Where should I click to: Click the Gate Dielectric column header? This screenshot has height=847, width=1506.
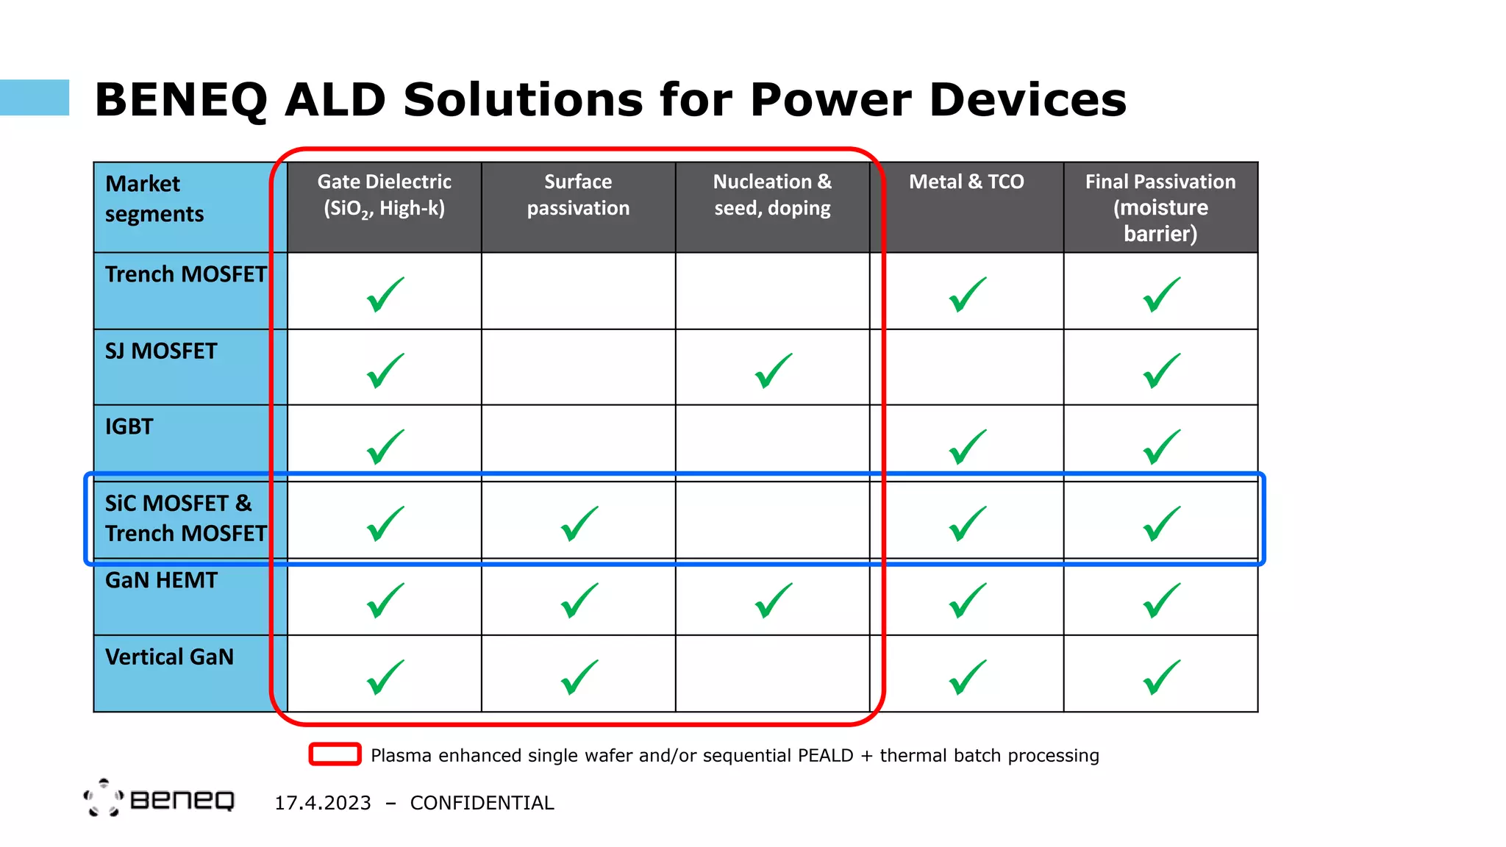[x=384, y=196]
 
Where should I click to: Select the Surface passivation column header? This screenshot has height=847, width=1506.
[x=578, y=196]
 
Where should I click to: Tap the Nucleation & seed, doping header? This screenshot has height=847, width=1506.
[x=772, y=196]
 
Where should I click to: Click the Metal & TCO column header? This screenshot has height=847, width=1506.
[x=966, y=182]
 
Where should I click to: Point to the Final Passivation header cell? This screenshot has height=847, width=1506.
[x=1160, y=207]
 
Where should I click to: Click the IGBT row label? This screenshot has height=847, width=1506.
[x=129, y=427]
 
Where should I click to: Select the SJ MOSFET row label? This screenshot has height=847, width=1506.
[x=161, y=351]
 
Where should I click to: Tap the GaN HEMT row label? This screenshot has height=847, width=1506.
[x=161, y=581]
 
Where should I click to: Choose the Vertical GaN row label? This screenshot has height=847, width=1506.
[x=169, y=657]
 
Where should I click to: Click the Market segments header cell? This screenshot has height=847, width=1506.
[x=154, y=199]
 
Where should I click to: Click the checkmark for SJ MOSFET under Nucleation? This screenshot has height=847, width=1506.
[x=773, y=371]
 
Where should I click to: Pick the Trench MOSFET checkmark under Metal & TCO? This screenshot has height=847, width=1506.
[x=967, y=294]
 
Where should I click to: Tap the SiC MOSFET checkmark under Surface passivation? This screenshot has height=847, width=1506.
[x=579, y=523]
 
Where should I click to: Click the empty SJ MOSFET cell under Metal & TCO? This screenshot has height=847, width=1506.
[x=966, y=367]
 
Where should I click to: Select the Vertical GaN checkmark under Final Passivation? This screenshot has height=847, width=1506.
[x=1161, y=676]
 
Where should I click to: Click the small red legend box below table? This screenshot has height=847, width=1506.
[x=335, y=754]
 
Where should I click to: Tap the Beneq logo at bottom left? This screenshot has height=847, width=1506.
[x=160, y=798]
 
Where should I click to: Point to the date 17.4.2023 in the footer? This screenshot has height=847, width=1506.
[x=323, y=803]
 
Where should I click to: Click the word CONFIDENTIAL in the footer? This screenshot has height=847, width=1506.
[x=482, y=803]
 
